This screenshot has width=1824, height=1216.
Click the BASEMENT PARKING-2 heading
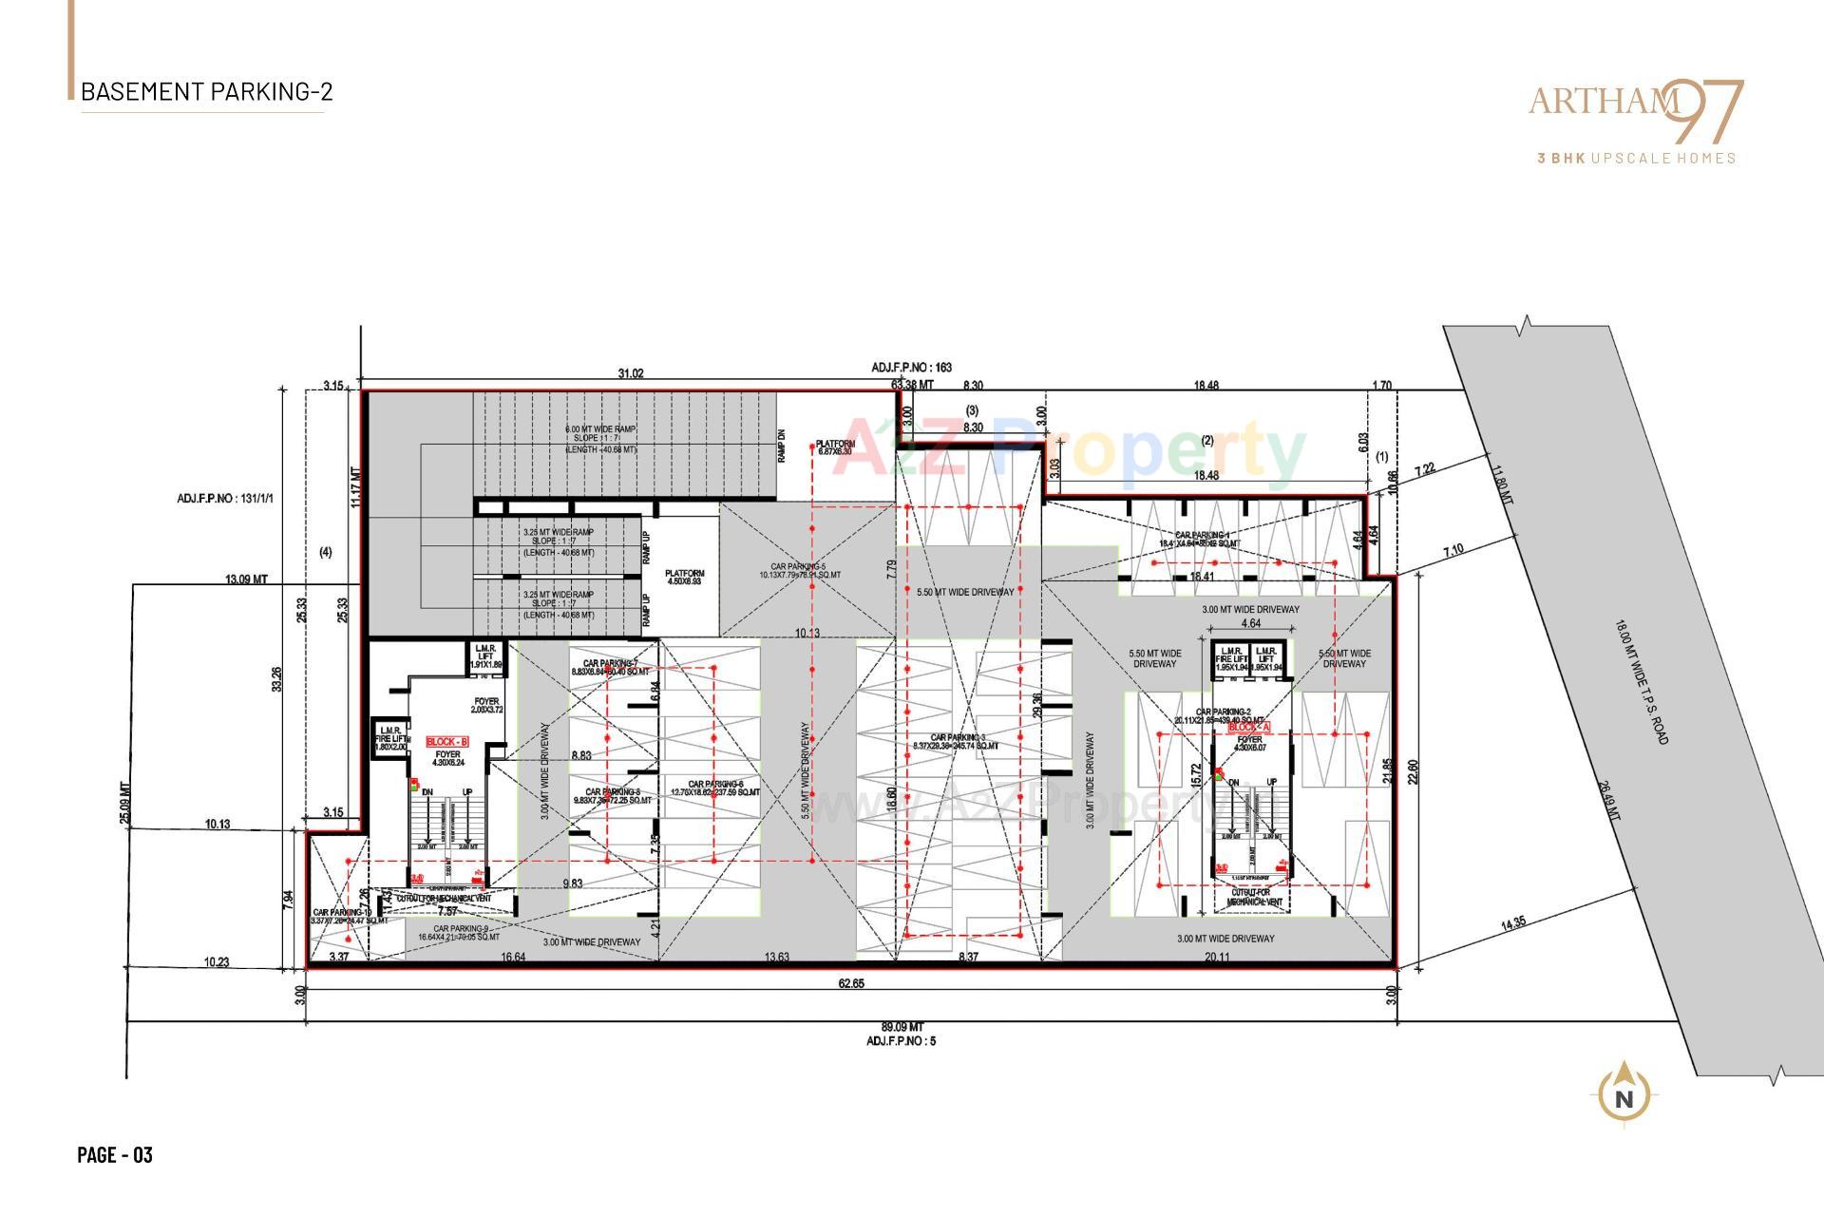point(206,92)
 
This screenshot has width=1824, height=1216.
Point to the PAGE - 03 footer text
point(115,1155)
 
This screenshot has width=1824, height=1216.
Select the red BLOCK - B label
point(446,742)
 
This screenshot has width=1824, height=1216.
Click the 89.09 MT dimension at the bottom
point(902,1027)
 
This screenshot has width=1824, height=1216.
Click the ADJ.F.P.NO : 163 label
point(911,367)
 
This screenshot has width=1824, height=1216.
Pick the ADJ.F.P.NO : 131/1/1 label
point(225,498)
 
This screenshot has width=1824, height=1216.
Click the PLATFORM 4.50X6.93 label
point(684,578)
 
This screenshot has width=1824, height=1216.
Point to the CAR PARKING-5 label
point(799,570)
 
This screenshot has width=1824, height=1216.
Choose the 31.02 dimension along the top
point(630,373)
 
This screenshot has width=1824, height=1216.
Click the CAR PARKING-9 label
point(461,933)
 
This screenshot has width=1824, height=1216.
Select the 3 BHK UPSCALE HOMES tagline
point(1636,159)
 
